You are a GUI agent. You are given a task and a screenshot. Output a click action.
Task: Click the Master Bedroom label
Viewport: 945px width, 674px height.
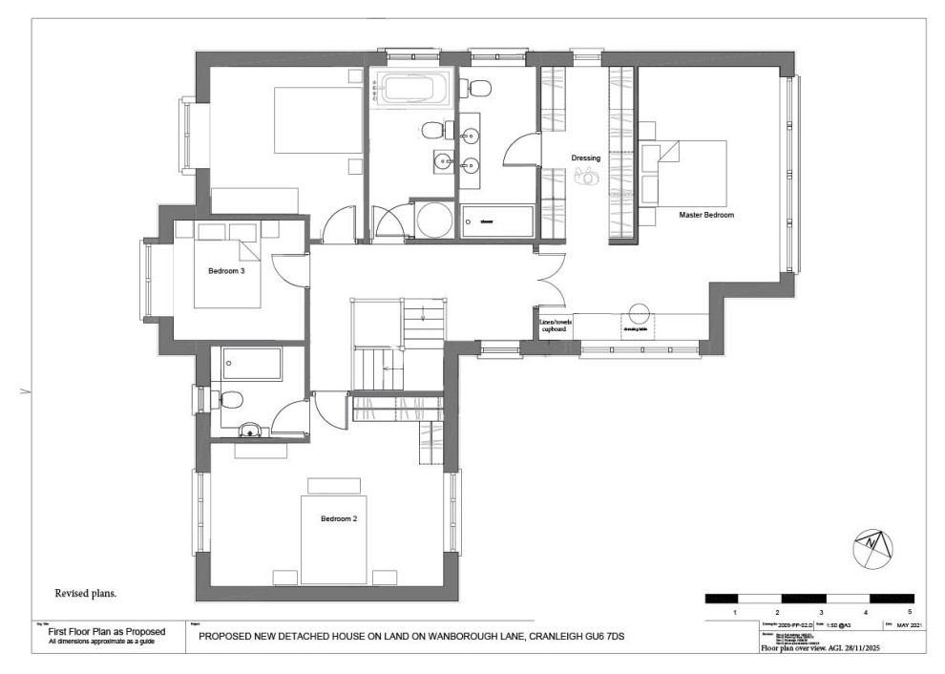[706, 216]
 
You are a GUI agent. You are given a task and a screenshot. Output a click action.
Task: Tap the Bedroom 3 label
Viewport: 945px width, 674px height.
[227, 271]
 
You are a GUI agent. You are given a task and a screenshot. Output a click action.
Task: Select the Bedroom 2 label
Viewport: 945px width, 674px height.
[339, 518]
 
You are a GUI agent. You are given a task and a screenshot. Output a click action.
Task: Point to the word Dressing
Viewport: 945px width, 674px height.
[586, 158]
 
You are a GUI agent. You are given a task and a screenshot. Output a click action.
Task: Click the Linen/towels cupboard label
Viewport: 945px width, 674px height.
[556, 326]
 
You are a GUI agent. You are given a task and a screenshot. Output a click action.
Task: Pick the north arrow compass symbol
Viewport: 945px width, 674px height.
[871, 544]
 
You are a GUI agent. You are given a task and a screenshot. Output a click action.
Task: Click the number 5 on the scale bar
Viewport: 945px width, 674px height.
[910, 611]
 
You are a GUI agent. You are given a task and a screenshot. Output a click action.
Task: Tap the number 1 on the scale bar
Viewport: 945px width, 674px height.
[735, 611]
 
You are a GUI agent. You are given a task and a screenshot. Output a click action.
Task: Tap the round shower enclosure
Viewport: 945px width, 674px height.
[435, 220]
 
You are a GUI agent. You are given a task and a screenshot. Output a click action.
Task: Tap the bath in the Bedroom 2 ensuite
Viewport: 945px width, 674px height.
[252, 364]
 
